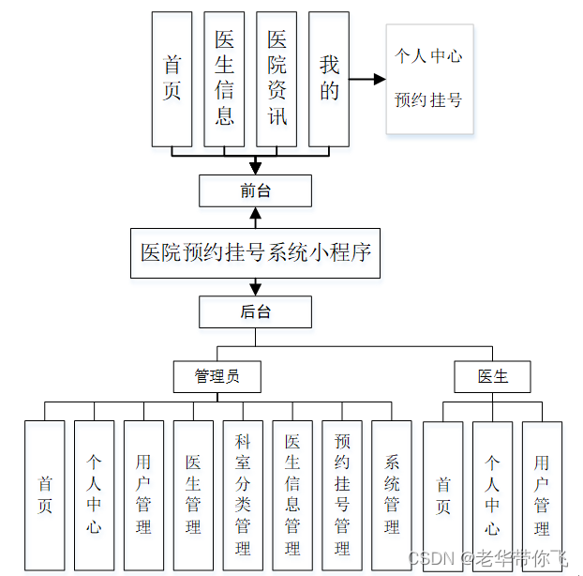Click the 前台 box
[255, 190]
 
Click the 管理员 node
[217, 377]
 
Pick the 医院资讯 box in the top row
[277, 79]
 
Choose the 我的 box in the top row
[329, 79]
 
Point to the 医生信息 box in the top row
[224, 79]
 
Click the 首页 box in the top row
[172, 79]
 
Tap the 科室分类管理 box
[243, 495]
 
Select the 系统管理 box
[392, 495]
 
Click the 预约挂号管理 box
[342, 495]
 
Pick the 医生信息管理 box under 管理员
[292, 495]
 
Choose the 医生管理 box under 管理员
[193, 495]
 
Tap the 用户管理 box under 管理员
[143, 495]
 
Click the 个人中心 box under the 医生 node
[492, 495]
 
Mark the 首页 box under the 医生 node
[442, 495]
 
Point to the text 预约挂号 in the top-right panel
[428, 99]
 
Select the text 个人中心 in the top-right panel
[428, 56]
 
